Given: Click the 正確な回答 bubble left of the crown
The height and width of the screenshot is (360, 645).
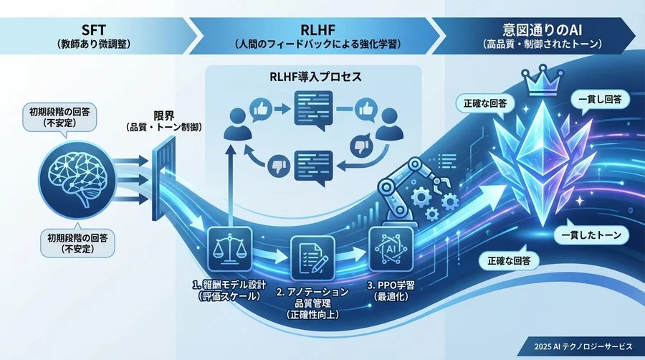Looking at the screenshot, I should (482, 103).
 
